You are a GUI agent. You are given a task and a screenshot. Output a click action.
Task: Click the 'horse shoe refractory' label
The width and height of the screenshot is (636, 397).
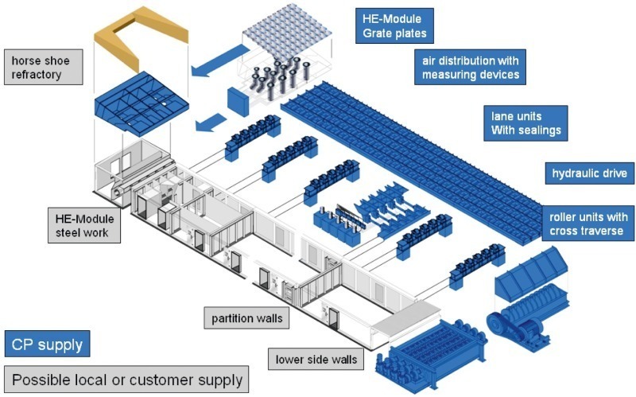(43, 68)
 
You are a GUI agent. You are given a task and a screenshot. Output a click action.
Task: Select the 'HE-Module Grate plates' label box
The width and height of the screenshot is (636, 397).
(394, 25)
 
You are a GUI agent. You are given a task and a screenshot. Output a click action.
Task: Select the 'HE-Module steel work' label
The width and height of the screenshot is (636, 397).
(83, 225)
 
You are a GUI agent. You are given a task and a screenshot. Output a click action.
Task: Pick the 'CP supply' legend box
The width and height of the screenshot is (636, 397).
(46, 344)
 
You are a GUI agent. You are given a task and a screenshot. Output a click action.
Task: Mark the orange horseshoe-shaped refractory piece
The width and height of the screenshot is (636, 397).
(140, 36)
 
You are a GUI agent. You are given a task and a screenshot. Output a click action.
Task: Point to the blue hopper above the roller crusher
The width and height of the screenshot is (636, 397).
(532, 270)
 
